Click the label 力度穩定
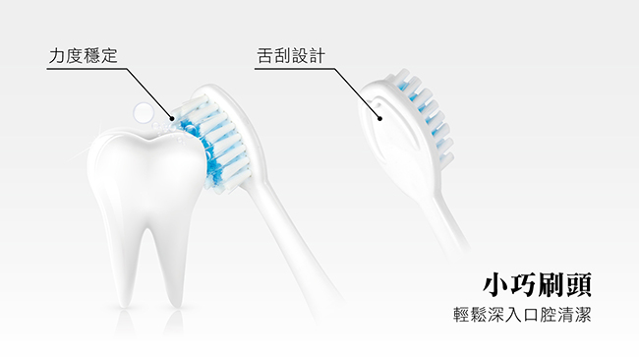(84, 56)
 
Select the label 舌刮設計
(291, 56)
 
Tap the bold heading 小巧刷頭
(537, 284)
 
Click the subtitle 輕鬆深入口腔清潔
(522, 315)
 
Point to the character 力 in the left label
(57, 56)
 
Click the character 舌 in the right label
(265, 56)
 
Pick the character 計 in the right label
(318, 56)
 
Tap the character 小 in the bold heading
(495, 284)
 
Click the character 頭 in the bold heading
(578, 284)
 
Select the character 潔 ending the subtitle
(583, 315)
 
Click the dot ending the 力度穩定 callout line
(172, 119)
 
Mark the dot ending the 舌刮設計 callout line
(379, 119)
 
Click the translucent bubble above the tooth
(144, 112)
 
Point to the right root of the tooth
(172, 257)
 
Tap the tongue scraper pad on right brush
(391, 131)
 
